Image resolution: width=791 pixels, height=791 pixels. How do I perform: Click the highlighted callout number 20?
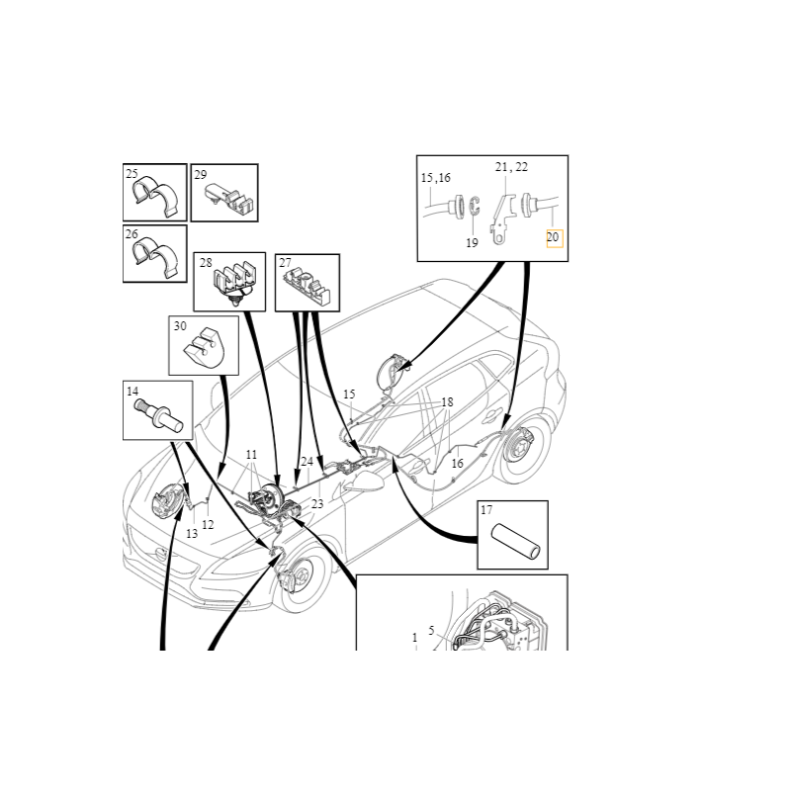tap(553, 237)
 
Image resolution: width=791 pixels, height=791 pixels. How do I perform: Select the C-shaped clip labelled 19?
tap(474, 207)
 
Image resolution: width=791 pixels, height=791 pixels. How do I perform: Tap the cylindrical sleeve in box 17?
tap(516, 542)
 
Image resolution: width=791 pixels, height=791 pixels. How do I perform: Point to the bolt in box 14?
tap(161, 417)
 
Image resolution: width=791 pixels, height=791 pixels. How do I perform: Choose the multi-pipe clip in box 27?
tap(307, 288)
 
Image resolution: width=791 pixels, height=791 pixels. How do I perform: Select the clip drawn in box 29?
tap(229, 200)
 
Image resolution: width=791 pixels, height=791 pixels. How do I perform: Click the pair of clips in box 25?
tap(156, 197)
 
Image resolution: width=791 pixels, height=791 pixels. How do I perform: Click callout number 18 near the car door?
tap(447, 402)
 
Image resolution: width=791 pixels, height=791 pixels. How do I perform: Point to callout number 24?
tap(307, 461)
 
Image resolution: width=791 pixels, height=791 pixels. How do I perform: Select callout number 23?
tap(316, 503)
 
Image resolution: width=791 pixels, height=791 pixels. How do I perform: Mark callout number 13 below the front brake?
tap(192, 534)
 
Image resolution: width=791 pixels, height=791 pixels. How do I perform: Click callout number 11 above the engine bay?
tap(251, 455)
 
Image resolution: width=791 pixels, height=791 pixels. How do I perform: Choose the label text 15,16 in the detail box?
tap(436, 178)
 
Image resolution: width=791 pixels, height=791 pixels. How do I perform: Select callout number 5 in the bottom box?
tap(431, 631)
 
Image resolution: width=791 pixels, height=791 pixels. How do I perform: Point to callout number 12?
tap(208, 525)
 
